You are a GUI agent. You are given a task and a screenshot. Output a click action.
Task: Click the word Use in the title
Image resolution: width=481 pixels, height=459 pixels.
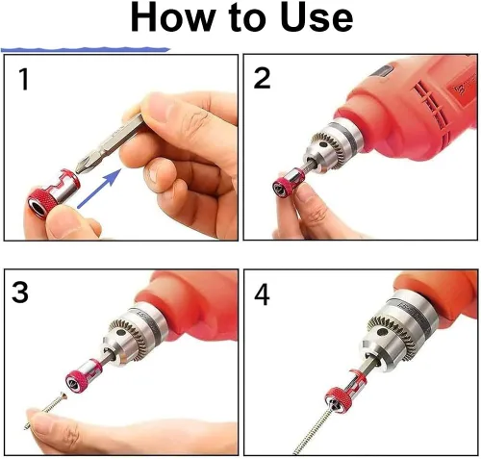(316, 17)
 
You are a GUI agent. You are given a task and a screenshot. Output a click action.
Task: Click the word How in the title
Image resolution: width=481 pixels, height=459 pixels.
(173, 17)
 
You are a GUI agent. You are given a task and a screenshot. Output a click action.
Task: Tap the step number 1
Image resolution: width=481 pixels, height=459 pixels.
(24, 79)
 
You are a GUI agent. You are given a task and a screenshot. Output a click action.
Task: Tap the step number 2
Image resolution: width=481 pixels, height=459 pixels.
(262, 78)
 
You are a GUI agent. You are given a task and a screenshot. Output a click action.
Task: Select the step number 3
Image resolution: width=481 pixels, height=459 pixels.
(20, 292)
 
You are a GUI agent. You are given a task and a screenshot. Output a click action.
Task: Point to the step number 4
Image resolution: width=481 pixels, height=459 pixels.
(262, 294)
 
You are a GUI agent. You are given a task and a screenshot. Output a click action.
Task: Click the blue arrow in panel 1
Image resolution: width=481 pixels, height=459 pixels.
(99, 189)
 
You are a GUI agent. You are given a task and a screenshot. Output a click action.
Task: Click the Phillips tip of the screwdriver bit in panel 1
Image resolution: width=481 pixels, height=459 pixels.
(83, 166)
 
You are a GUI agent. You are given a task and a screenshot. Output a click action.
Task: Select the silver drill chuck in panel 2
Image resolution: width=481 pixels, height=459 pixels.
(334, 146)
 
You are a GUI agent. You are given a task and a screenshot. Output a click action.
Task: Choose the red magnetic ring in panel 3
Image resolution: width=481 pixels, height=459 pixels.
(83, 376)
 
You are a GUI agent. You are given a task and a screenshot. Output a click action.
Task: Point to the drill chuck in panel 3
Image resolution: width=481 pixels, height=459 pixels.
(135, 336)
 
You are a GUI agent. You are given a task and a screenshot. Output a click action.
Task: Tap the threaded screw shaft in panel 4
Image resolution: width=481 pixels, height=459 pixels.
(312, 432)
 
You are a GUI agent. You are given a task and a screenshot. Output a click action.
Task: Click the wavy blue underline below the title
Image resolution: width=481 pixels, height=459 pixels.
(86, 50)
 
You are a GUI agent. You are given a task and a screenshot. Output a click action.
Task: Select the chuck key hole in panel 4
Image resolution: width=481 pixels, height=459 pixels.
(381, 332)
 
